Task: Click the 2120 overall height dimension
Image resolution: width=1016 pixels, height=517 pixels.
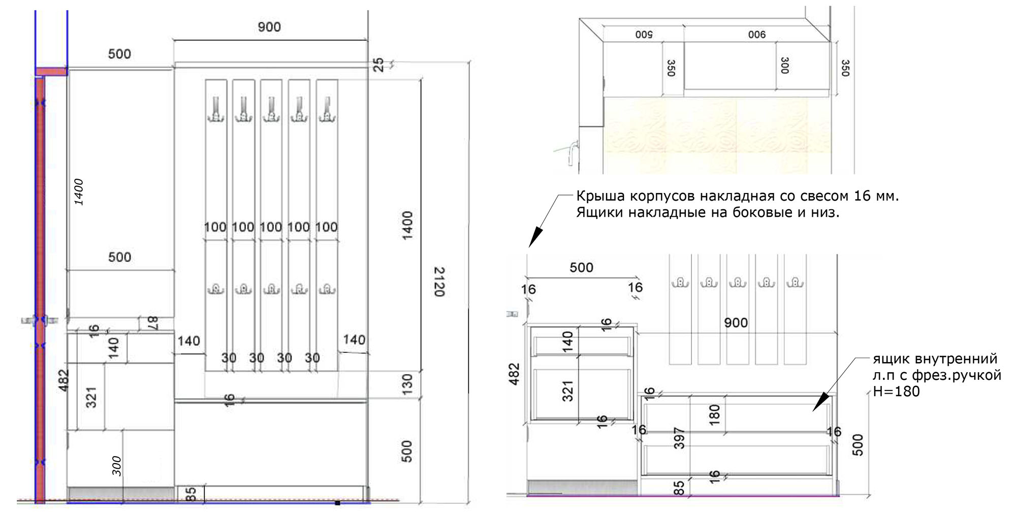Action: pos(439,282)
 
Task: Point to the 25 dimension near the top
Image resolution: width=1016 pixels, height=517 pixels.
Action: pos(378,65)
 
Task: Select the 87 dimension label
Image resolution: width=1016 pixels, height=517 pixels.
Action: pos(153,323)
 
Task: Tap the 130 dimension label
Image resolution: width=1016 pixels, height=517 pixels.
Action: pos(407,384)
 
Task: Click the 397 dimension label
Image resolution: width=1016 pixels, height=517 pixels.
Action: pos(679,438)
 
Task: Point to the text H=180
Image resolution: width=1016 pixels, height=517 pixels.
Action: pos(896,392)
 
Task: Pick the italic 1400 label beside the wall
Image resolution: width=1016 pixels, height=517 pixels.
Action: pos(79,192)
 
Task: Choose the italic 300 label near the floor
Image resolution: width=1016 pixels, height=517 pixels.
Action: pos(117,466)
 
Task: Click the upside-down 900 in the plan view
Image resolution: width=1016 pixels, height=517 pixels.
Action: pos(756,35)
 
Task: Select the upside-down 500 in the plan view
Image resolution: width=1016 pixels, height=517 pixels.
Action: pos(644,35)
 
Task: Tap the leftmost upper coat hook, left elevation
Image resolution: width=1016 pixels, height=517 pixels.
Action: pos(216,109)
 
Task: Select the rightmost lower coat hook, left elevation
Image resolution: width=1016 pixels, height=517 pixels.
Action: pos(327,289)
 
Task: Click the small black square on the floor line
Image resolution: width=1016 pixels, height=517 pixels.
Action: pos(337,503)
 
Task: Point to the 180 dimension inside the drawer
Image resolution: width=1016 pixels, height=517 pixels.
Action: pos(714,414)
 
